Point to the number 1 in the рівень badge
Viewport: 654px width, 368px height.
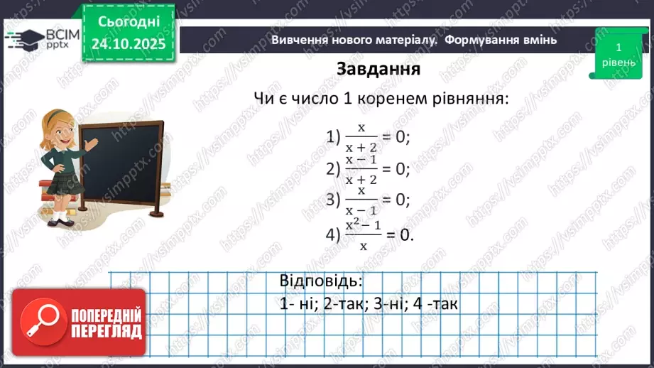point(618,47)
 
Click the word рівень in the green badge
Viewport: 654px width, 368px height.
point(618,63)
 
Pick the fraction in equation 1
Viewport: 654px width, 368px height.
point(361,136)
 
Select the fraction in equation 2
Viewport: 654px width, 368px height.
point(361,169)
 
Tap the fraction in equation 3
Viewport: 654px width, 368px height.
point(361,200)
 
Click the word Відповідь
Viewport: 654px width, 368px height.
point(321,280)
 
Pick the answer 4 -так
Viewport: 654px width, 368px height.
point(430,304)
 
